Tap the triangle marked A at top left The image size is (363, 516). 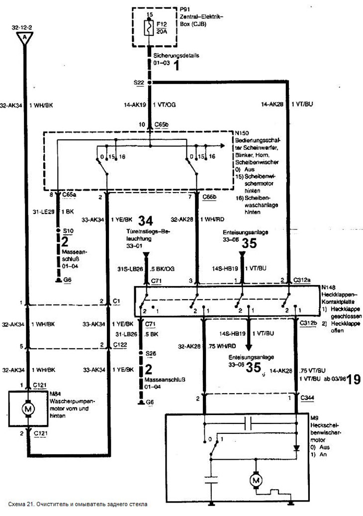22,38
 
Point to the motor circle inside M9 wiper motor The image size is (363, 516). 257,480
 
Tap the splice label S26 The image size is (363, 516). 151,353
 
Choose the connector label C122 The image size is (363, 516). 119,345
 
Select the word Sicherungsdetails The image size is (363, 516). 177,56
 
